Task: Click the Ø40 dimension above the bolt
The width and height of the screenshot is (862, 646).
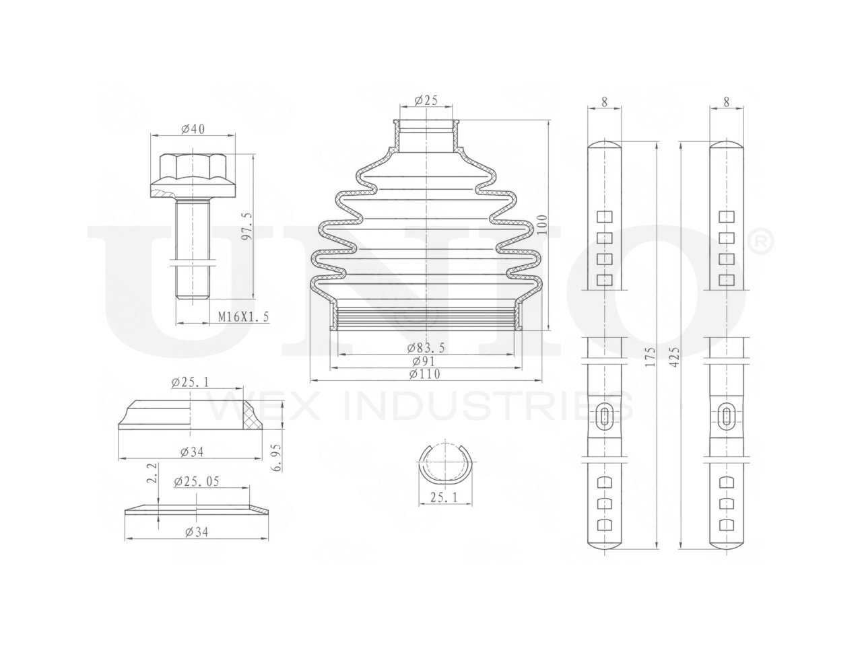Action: (193, 129)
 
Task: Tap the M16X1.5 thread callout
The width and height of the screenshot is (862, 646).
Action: (244, 316)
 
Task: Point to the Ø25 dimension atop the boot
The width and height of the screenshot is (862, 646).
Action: (426, 100)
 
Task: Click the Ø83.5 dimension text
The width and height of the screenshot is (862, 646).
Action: (426, 348)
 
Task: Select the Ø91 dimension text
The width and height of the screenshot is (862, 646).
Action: (424, 361)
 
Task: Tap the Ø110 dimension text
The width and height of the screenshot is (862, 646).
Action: (424, 374)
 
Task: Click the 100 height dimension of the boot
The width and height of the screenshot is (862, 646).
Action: (542, 224)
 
